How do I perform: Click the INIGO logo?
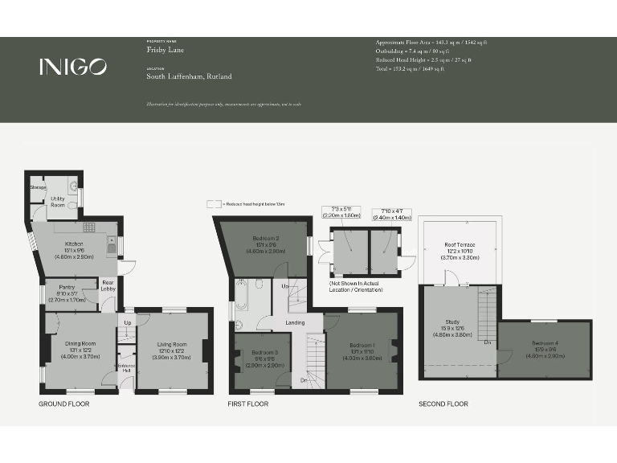72,68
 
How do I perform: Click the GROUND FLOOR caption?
64,404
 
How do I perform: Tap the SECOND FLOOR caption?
443,404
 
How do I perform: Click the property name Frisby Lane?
161,49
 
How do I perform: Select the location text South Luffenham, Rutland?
189,76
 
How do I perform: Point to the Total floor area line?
410,69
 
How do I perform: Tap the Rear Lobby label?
108,286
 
